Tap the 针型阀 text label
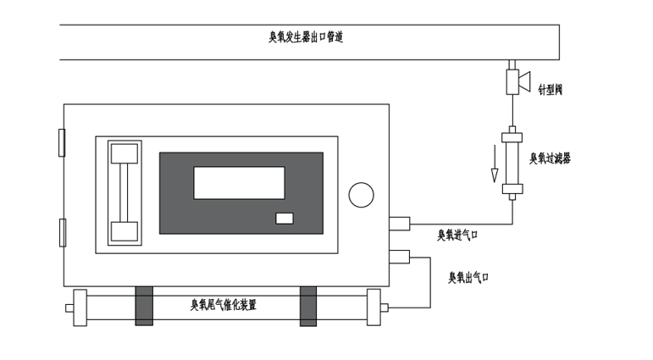tap(551, 88)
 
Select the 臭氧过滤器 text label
tap(550, 158)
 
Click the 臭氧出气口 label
tap(468, 277)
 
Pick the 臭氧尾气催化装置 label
tap(224, 305)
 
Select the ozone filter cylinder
tap(512, 162)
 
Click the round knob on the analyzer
tap(361, 194)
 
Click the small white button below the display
tap(285, 219)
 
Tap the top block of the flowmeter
tap(125, 153)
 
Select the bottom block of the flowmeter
tap(125, 231)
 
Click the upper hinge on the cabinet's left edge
tap(61, 142)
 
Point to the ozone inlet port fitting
tap(399, 224)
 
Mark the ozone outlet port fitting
tap(399, 257)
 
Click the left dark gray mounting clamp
tap(144, 305)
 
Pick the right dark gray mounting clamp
tap(308, 305)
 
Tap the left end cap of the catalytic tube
tap(80, 307)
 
